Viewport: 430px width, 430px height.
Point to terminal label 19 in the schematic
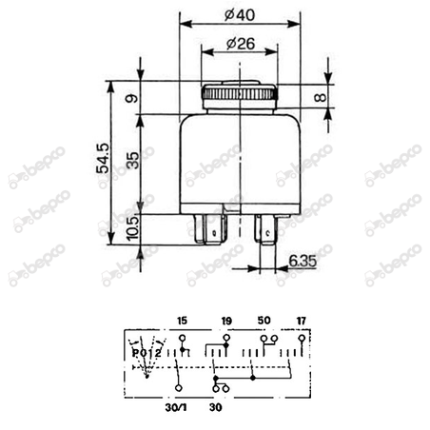click(x=226, y=322)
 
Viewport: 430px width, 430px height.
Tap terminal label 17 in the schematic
click(x=301, y=322)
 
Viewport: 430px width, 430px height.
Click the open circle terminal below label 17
click(x=301, y=338)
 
